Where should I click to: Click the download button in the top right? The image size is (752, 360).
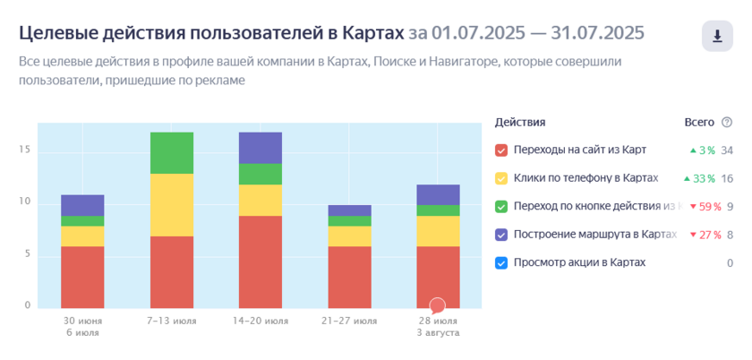tap(717, 37)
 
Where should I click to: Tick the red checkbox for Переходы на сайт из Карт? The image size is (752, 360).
tap(501, 150)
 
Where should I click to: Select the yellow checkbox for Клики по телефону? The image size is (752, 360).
tap(501, 178)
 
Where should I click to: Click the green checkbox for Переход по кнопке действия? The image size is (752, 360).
tap(501, 207)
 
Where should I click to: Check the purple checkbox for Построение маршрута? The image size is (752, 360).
tap(501, 235)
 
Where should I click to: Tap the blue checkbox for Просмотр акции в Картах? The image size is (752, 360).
tap(501, 263)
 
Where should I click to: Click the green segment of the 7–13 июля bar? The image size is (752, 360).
tap(172, 152)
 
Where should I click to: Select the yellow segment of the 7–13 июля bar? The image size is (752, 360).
tap(172, 204)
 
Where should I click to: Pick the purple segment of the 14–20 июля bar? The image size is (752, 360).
tap(261, 148)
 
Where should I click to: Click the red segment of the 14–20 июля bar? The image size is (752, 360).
tap(261, 261)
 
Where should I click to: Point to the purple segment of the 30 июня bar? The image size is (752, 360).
tap(82, 205)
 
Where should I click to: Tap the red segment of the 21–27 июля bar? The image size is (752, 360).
tap(349, 277)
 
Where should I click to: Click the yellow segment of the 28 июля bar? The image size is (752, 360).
tap(438, 231)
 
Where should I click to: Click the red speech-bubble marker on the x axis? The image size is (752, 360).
tap(438, 305)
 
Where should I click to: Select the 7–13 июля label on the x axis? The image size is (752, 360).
tap(172, 320)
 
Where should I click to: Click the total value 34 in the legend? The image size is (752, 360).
tap(727, 150)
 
